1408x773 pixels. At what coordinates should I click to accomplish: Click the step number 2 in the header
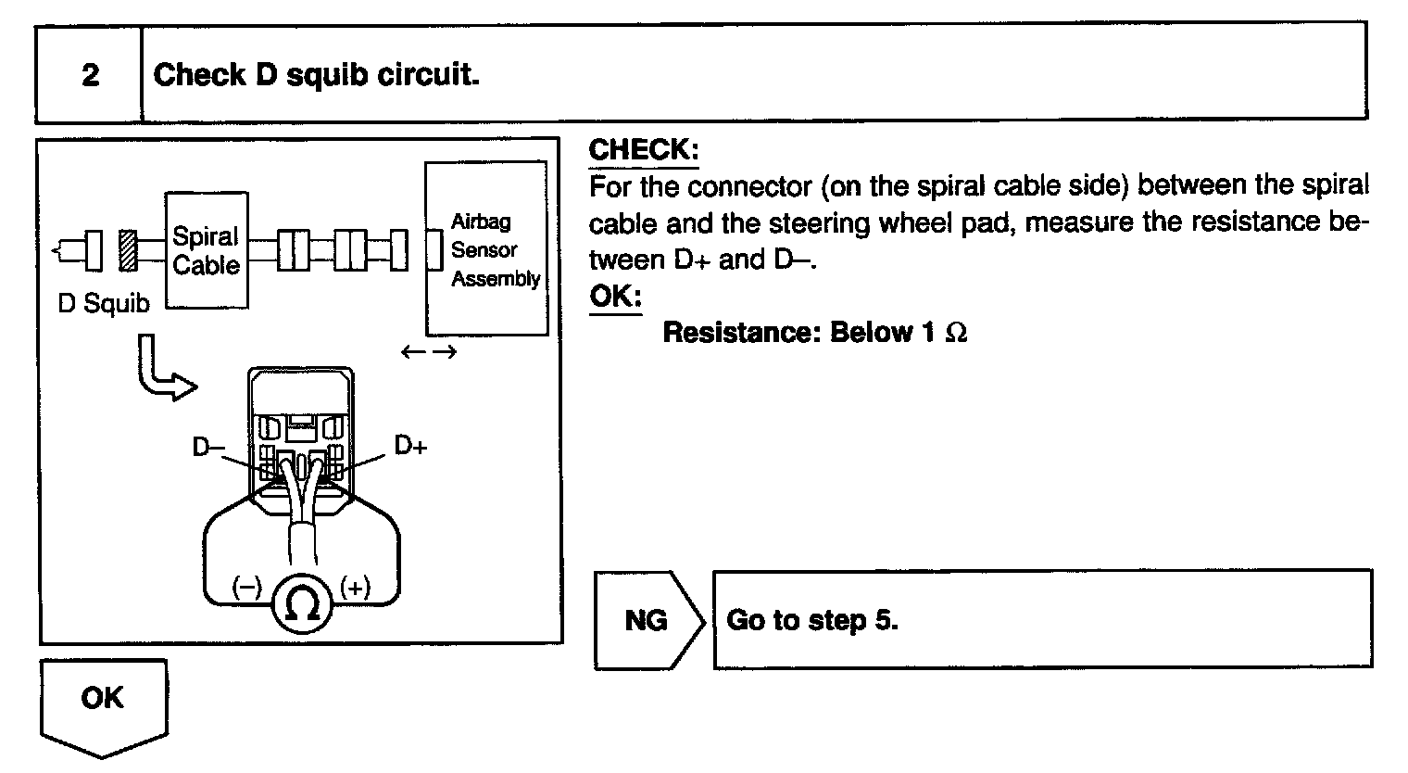[x=90, y=74]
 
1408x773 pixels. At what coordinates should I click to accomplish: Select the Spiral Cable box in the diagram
[x=207, y=250]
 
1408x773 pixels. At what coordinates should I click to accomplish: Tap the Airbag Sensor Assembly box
[x=485, y=249]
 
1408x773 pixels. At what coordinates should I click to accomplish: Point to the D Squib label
[x=103, y=304]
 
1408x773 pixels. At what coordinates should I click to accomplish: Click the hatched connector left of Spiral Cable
[x=128, y=250]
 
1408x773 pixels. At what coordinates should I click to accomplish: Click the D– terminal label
[x=208, y=447]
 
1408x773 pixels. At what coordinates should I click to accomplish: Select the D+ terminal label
[x=410, y=446]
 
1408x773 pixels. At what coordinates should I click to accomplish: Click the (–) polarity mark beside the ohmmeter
[x=247, y=587]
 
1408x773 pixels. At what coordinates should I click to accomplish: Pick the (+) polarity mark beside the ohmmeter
[x=356, y=587]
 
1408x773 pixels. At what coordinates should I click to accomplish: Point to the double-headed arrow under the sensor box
[x=429, y=352]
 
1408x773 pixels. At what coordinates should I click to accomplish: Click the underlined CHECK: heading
[x=644, y=149]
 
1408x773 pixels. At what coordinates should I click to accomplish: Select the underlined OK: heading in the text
[x=615, y=297]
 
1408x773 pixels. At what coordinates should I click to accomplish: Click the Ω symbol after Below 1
[x=956, y=333]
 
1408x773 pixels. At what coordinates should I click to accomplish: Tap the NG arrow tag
[x=647, y=619]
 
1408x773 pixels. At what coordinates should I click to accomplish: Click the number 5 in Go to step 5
[x=884, y=619]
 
